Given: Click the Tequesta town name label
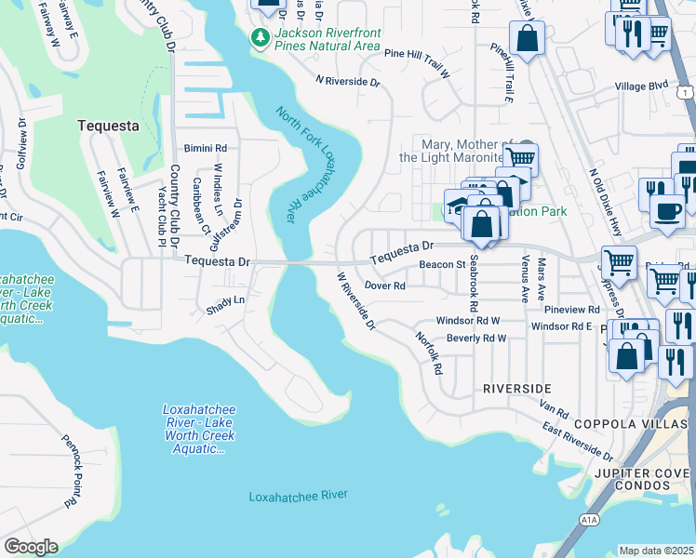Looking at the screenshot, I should (108, 126).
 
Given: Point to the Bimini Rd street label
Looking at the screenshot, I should (206, 148).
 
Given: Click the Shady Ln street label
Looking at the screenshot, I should (225, 300).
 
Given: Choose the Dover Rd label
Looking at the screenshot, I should (384, 286).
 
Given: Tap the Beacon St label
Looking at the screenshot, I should (442, 265).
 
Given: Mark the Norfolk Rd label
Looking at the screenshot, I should (428, 353).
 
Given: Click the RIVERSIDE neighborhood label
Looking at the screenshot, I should (516, 388).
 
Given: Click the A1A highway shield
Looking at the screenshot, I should (587, 519).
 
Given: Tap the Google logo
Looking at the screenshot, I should (31, 546).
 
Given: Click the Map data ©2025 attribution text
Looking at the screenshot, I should (656, 551).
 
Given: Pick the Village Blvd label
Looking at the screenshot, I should (641, 86).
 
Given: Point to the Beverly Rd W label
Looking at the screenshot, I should (475, 339).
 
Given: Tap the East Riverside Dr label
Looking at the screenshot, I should (578, 441).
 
